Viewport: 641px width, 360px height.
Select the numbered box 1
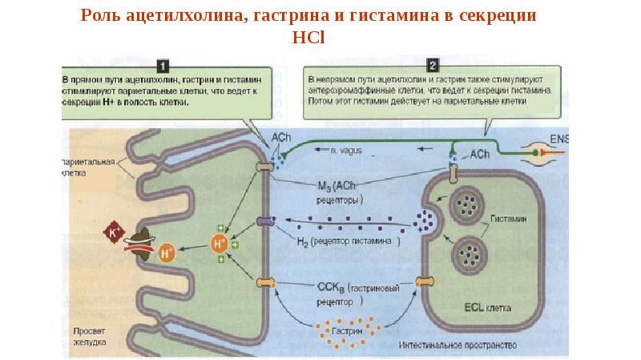click(x=164, y=65)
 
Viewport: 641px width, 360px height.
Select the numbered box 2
click(x=433, y=65)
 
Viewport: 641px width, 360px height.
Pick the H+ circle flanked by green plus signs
click(x=218, y=242)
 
